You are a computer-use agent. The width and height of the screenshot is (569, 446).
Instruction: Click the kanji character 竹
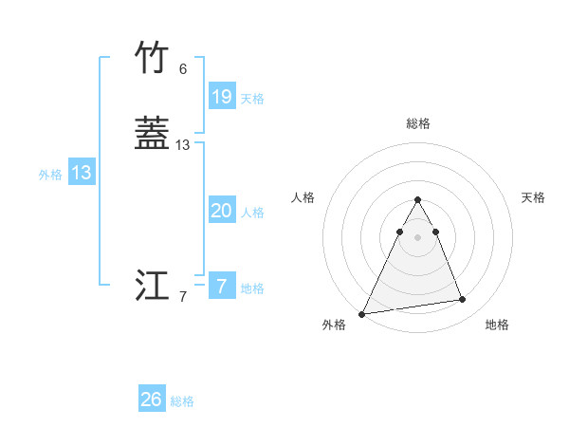pos(152,58)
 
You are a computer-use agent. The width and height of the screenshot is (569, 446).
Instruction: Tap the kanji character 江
pos(152,286)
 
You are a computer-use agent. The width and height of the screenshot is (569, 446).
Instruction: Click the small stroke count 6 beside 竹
pos(183,69)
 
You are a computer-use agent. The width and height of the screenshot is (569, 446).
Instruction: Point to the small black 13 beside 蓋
pos(183,145)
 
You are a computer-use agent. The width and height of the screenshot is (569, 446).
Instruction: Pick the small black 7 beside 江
pos(183,297)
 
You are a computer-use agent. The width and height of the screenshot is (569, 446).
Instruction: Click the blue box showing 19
pos(222,96)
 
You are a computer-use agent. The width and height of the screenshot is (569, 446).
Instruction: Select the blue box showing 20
pos(222,211)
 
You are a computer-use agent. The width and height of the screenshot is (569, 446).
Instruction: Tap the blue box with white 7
pos(222,286)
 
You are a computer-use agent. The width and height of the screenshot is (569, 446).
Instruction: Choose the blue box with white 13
pos(82,173)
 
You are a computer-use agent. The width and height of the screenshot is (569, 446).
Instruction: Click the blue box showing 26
pos(152,400)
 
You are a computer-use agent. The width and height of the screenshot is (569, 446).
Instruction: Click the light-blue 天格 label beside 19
pos(252,98)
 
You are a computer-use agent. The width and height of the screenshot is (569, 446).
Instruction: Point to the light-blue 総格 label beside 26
pos(182,401)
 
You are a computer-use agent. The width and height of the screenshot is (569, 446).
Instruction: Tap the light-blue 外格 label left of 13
pos(50,175)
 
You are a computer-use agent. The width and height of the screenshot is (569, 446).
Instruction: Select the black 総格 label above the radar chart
pos(418,123)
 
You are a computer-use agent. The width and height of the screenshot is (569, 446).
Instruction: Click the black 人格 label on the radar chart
pos(303,197)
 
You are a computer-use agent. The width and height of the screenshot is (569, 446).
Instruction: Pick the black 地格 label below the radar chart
pos(497,325)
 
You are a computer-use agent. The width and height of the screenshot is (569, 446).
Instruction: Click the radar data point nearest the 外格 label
pos(362,313)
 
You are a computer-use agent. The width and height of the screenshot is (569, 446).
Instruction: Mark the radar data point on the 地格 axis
pos(463,300)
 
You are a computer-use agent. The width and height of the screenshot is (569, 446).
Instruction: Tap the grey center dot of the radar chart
pos(418,236)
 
